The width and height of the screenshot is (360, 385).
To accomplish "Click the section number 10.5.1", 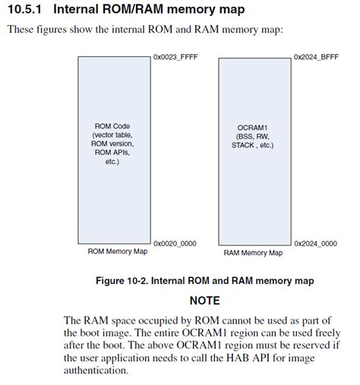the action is pos(24,10).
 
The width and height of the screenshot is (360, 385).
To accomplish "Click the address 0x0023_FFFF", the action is pos(175,57).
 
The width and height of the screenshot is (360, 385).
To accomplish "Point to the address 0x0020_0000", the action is pos(175,244).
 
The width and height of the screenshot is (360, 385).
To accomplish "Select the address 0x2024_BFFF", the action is pos(315,57).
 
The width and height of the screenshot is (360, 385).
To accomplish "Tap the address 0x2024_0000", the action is pos(315,244).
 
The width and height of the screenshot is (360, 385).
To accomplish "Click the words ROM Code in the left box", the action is pos(112,125).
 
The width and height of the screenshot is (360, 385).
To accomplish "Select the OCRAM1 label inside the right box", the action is pos(252,125).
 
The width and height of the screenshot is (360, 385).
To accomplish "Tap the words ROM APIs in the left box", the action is pos(112,153).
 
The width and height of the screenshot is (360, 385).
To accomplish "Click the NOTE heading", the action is pos(204,301).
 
